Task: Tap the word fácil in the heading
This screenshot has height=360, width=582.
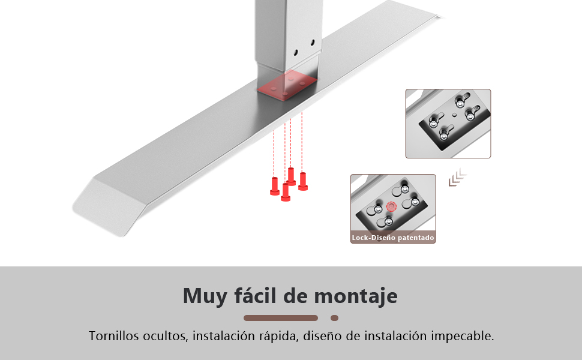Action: pyautogui.click(x=255, y=295)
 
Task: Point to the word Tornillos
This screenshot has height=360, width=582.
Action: pyautogui.click(x=114, y=335)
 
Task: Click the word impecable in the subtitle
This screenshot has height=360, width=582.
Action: pyautogui.click(x=463, y=336)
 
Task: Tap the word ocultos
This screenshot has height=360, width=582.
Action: pyautogui.click(x=167, y=336)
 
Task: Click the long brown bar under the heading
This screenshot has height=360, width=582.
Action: pyautogui.click(x=281, y=318)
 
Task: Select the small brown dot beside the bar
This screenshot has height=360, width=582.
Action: pyautogui.click(x=334, y=318)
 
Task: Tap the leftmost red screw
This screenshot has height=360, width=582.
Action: pyautogui.click(x=275, y=186)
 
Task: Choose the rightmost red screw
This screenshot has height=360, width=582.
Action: pyautogui.click(x=303, y=181)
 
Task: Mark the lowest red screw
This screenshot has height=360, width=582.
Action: pyautogui.click(x=286, y=192)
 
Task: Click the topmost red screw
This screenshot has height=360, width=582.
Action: pyautogui.click(x=292, y=176)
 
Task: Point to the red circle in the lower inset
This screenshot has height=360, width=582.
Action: pyautogui.click(x=392, y=206)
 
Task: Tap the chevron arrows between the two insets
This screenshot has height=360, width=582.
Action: pyautogui.click(x=458, y=177)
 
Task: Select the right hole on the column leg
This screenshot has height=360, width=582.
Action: pyautogui.click(x=313, y=43)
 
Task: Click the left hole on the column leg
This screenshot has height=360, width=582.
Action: pyautogui.click(x=296, y=53)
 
